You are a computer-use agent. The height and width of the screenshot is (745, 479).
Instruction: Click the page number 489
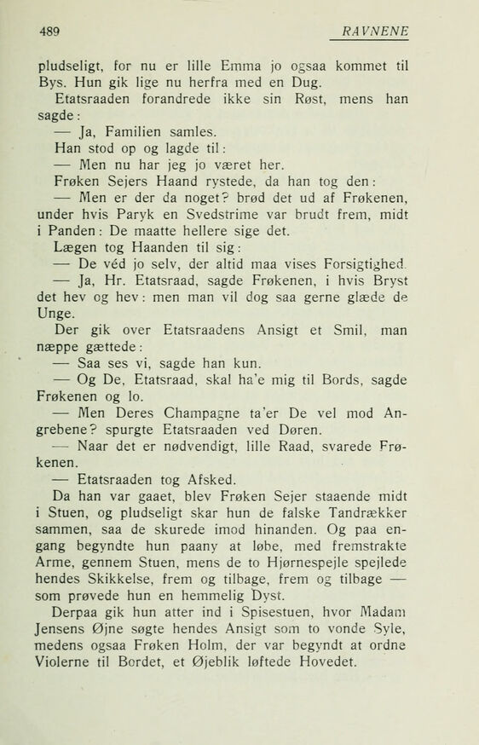coord(53,32)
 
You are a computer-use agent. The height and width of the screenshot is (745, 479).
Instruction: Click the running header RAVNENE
coord(376,32)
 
